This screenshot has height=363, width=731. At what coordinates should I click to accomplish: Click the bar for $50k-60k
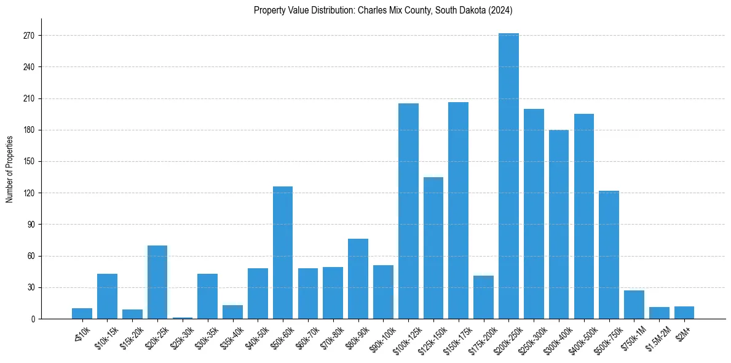283,252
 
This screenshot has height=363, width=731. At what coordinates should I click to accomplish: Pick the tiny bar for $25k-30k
183,317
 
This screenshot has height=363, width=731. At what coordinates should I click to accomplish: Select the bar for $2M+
684,313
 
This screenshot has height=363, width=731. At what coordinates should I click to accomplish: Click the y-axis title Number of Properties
10,169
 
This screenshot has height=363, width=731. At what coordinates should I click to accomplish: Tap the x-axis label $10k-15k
106,335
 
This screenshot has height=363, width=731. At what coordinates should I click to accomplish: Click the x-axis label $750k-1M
631,336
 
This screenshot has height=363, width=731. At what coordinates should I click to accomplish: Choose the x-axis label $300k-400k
555,337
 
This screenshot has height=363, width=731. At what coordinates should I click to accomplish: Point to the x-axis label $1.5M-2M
657,336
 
